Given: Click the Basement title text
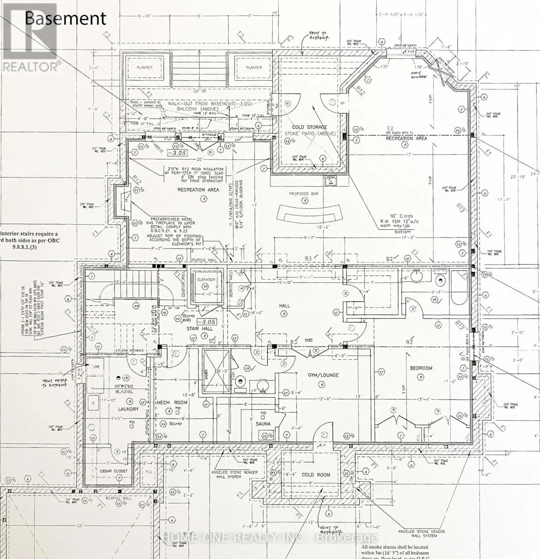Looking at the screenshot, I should tap(65, 18).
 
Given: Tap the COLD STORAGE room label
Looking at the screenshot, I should tap(309, 127).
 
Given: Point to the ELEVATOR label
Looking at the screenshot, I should tap(206, 279).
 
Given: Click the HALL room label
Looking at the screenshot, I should tap(285, 306).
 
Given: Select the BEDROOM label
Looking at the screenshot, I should tap(421, 368).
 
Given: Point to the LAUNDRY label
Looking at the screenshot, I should tap(128, 409).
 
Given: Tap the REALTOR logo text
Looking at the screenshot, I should tap(31, 67).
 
